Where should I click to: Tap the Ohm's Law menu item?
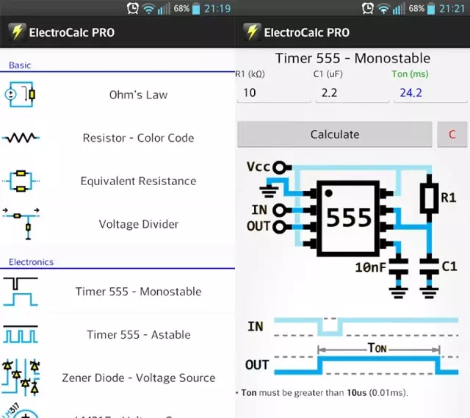[x=138, y=95]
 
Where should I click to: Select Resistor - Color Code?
[x=138, y=138]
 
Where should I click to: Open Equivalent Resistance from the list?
[x=138, y=181]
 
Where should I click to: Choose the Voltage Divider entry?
[x=138, y=225]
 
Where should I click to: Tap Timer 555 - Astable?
[x=138, y=335]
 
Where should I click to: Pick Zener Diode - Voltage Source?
[x=138, y=378]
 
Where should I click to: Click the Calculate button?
[x=334, y=134]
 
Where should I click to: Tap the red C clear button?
[x=452, y=134]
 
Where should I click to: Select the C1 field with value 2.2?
[x=352, y=93]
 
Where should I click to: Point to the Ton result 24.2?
[x=430, y=93]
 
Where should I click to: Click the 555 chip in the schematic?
[x=349, y=218]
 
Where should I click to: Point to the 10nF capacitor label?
[x=370, y=267]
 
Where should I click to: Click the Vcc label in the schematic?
[x=258, y=167]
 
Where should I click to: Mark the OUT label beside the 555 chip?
[x=258, y=226]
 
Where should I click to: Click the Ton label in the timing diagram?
[x=378, y=347]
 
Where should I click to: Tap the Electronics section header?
[x=32, y=262]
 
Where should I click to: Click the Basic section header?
[x=20, y=65]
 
